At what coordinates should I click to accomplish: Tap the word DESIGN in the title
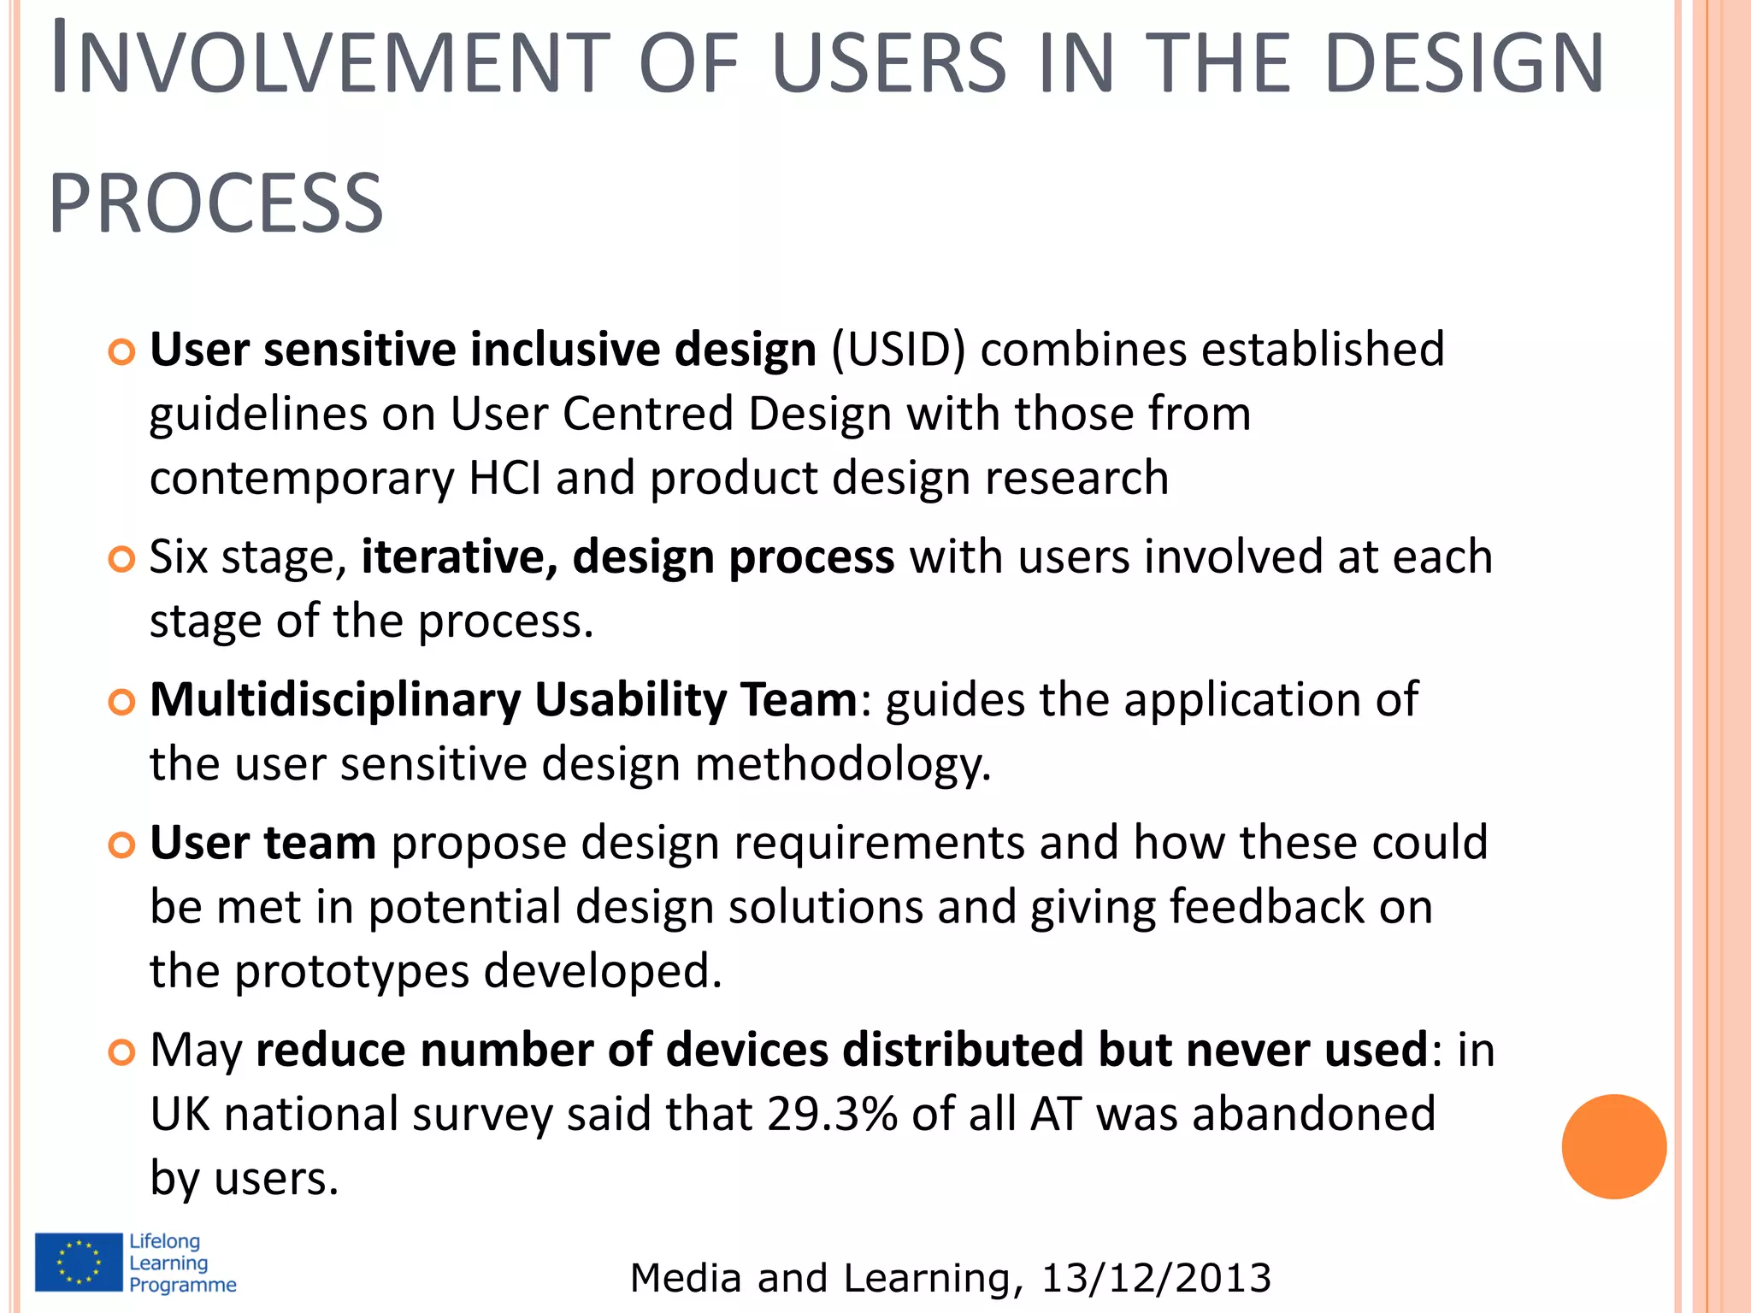tap(1464, 63)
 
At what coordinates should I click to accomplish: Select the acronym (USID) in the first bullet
tap(898, 350)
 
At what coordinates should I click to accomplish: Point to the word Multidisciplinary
tap(335, 700)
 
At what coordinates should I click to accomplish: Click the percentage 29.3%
tap(832, 1114)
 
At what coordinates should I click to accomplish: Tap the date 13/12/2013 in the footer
tap(1156, 1278)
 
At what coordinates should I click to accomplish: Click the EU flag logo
tap(79, 1262)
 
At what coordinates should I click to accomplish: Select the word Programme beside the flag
tap(183, 1285)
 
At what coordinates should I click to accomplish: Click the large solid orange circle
tap(1613, 1146)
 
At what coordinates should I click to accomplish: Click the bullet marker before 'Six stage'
tap(122, 560)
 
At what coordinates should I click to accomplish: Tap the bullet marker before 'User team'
tap(122, 845)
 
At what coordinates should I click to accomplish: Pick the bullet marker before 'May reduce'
tap(122, 1052)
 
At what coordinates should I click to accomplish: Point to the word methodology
tap(842, 763)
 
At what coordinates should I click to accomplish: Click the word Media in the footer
tap(686, 1278)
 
